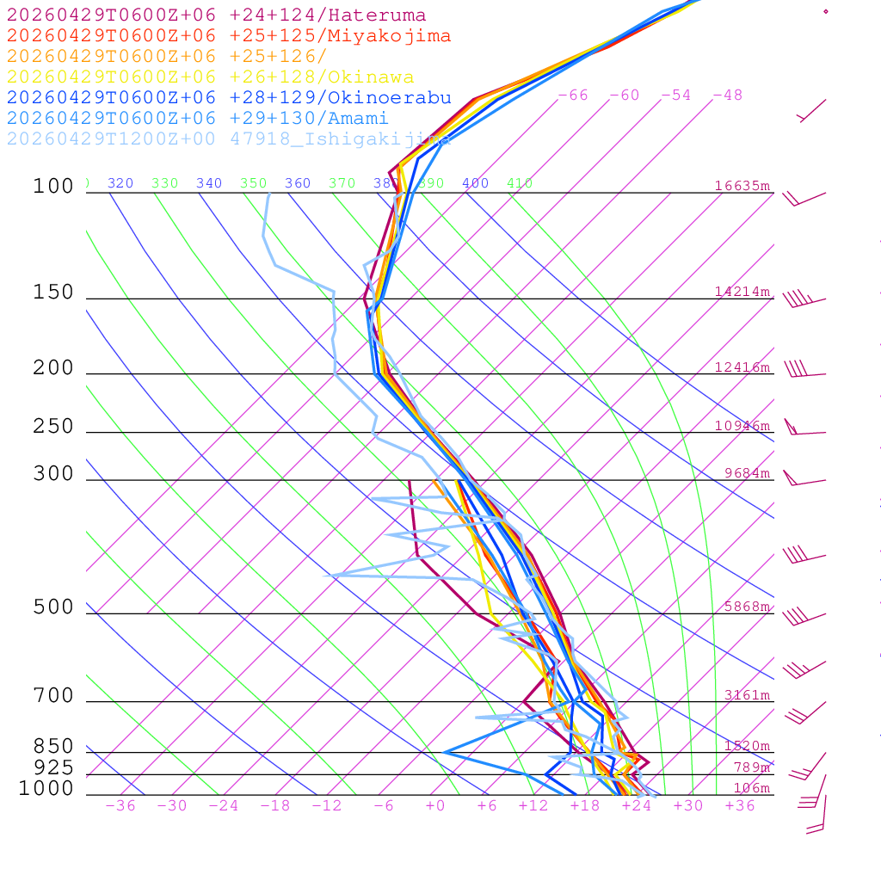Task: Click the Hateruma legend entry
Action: pos(216,15)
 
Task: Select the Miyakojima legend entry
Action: pos(229,36)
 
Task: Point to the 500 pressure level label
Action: pos(53,607)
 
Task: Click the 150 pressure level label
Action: pos(53,293)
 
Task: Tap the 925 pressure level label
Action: pos(53,767)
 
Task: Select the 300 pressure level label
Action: pos(53,474)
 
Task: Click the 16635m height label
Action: pos(742,186)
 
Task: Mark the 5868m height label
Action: pos(747,607)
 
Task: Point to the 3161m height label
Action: pos(747,695)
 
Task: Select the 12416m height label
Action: pos(742,367)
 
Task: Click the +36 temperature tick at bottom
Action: pos(740,806)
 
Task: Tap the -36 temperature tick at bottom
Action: pos(120,806)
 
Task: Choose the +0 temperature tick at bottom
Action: pos(434,806)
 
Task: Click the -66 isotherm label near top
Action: pos(572,95)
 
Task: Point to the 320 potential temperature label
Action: pos(120,183)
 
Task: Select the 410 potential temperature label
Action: pos(520,183)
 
